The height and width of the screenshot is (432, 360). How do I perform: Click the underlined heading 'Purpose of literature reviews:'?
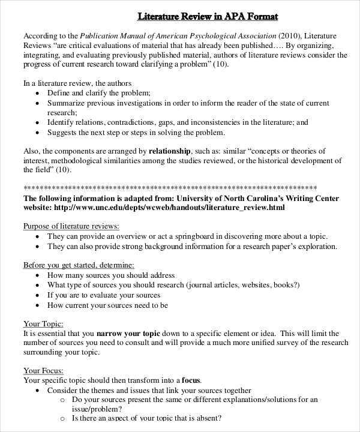click(71, 226)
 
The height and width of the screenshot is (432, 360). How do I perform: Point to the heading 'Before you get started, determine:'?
click(79, 265)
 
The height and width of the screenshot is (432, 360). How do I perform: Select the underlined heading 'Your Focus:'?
click(43, 371)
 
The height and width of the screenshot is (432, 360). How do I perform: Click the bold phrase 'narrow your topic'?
click(128, 333)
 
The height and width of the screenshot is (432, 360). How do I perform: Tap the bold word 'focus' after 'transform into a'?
click(192, 380)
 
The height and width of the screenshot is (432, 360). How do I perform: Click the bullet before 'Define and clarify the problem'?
click(38, 94)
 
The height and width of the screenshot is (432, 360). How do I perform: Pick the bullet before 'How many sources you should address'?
click(38, 275)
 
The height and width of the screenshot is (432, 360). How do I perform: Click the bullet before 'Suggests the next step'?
click(38, 133)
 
